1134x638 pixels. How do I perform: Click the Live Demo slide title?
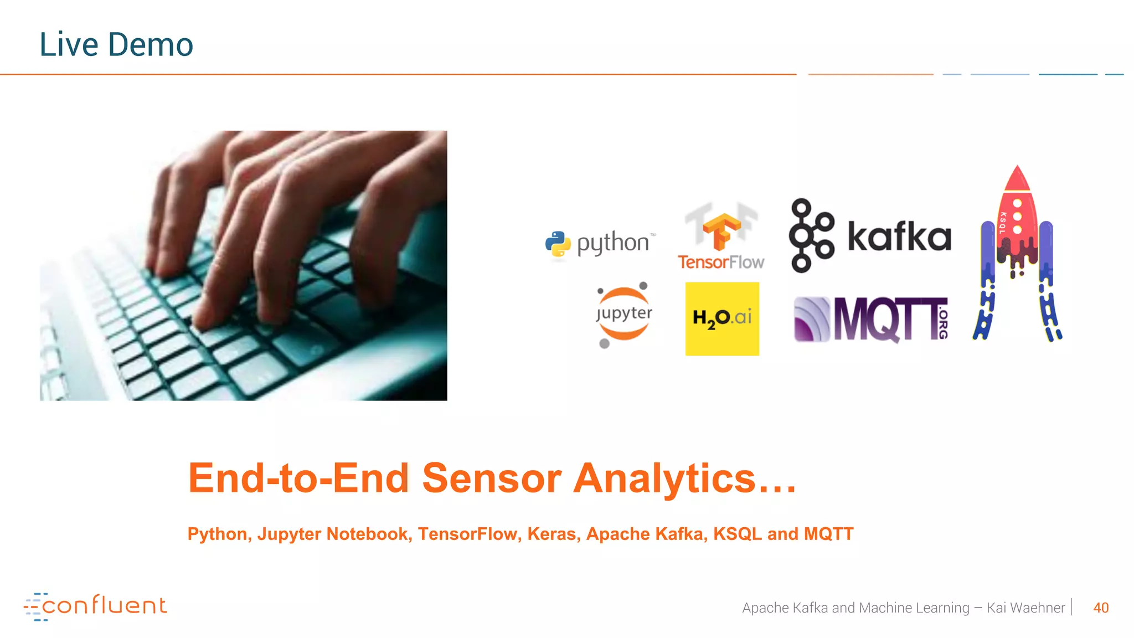(x=116, y=44)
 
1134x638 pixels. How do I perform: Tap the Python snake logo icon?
(x=558, y=244)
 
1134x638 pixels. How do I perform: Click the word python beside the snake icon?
(x=613, y=243)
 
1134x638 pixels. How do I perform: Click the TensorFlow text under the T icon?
(x=721, y=262)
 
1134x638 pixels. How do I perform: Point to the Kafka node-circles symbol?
(x=811, y=236)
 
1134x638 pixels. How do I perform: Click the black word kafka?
(x=899, y=236)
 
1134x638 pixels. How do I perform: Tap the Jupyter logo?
(x=623, y=314)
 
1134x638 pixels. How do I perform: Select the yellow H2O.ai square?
(x=722, y=318)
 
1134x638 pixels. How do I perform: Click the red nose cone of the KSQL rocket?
(x=1017, y=179)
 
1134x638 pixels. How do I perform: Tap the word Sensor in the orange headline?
(x=492, y=478)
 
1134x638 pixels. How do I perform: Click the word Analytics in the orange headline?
(x=664, y=478)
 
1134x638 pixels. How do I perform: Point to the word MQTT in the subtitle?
(x=828, y=534)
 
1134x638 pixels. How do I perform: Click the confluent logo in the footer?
(x=95, y=606)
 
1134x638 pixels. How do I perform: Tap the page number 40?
(x=1101, y=608)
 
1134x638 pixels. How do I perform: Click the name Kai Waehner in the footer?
(x=1025, y=608)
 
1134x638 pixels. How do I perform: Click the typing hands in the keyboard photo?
(x=277, y=222)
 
